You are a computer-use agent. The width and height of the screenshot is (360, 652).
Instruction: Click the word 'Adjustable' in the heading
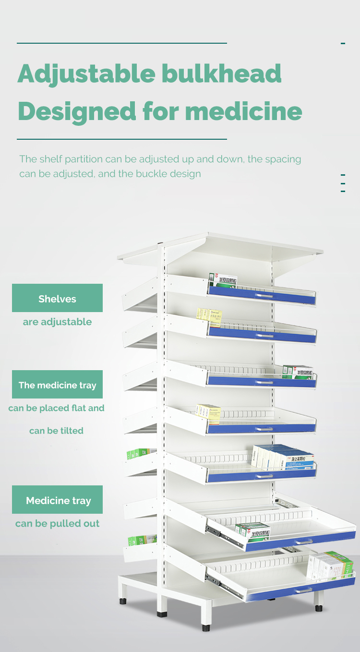point(85,74)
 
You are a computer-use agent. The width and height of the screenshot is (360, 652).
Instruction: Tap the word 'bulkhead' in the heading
point(221,73)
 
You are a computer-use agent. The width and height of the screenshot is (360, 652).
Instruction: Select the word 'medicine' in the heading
point(243,111)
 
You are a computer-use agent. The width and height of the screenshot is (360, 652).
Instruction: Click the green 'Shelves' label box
point(57,298)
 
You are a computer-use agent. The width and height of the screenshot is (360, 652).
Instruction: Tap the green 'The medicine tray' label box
point(57,385)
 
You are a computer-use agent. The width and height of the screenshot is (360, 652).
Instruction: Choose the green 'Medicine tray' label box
point(57,500)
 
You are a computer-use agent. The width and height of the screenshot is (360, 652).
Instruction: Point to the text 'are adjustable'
point(57,322)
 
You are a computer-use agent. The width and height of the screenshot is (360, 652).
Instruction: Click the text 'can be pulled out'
point(57,523)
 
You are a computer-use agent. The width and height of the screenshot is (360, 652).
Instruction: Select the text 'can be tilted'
point(56,431)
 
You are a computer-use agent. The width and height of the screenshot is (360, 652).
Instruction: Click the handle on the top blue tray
point(264,296)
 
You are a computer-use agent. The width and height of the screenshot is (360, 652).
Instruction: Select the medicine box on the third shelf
point(298,372)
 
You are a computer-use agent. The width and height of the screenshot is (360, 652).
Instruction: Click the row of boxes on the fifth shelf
point(283,458)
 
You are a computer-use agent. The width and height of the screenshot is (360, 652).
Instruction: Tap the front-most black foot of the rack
point(206,627)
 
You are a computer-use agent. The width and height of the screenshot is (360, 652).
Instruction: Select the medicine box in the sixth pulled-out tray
point(252,530)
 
